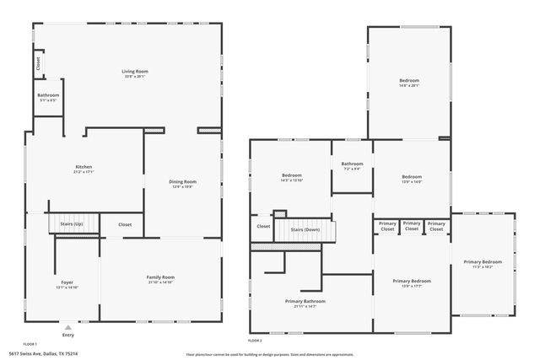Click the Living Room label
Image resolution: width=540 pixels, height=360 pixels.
pyautogui.click(x=135, y=73)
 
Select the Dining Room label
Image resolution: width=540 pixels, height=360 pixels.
pyautogui.click(x=183, y=182)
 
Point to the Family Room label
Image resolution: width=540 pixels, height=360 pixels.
pyautogui.click(x=160, y=278)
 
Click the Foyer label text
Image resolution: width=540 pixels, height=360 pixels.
pyautogui.click(x=67, y=282)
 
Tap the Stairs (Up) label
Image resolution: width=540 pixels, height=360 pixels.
pyautogui.click(x=70, y=224)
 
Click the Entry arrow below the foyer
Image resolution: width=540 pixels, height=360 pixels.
pyautogui.click(x=67, y=324)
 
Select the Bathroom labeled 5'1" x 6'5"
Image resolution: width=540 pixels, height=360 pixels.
pyautogui.click(x=48, y=96)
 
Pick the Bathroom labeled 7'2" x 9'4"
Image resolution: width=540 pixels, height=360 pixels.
pyautogui.click(x=352, y=164)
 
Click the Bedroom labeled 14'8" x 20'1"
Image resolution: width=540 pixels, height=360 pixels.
pyautogui.click(x=408, y=81)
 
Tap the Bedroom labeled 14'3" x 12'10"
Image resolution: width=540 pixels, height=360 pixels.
pyautogui.click(x=291, y=176)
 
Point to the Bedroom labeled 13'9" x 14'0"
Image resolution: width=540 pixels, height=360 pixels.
pyautogui.click(x=411, y=177)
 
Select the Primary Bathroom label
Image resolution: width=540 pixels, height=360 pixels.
pyautogui.click(x=305, y=301)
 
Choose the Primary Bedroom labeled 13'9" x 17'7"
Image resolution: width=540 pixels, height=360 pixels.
pyautogui.click(x=411, y=282)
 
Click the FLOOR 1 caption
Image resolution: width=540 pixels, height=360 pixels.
pyautogui.click(x=30, y=345)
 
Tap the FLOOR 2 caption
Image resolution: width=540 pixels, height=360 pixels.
pyautogui.click(x=255, y=340)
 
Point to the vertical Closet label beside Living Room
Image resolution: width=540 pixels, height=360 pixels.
pyautogui.click(x=38, y=62)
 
